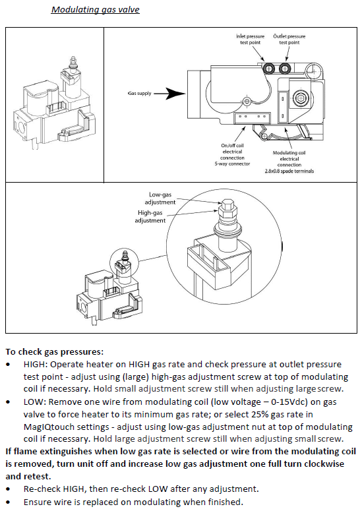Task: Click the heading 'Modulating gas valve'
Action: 96,9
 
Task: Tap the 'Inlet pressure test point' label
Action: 250,39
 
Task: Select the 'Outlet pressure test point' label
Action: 289,39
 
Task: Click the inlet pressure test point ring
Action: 269,69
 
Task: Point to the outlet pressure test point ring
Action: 285,69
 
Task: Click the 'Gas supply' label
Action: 139,93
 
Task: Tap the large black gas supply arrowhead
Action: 176,94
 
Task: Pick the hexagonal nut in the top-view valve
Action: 300,98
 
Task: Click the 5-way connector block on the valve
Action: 252,118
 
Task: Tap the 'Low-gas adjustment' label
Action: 160,198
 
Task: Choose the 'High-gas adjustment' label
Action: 150,217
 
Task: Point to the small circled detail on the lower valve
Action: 125,264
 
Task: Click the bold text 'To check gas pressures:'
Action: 55,351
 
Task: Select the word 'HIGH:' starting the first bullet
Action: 36,364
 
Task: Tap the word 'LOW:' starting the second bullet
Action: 34,402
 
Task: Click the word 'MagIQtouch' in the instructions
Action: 45,427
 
